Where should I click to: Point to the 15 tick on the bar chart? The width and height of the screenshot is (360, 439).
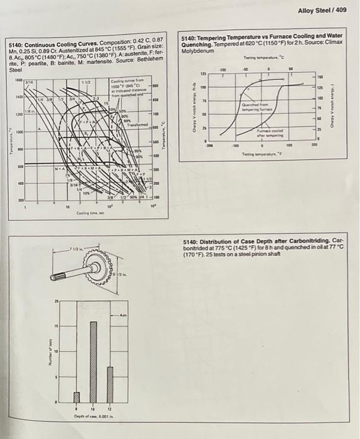[55, 326]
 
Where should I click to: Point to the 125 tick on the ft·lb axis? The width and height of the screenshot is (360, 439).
[203, 74]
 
